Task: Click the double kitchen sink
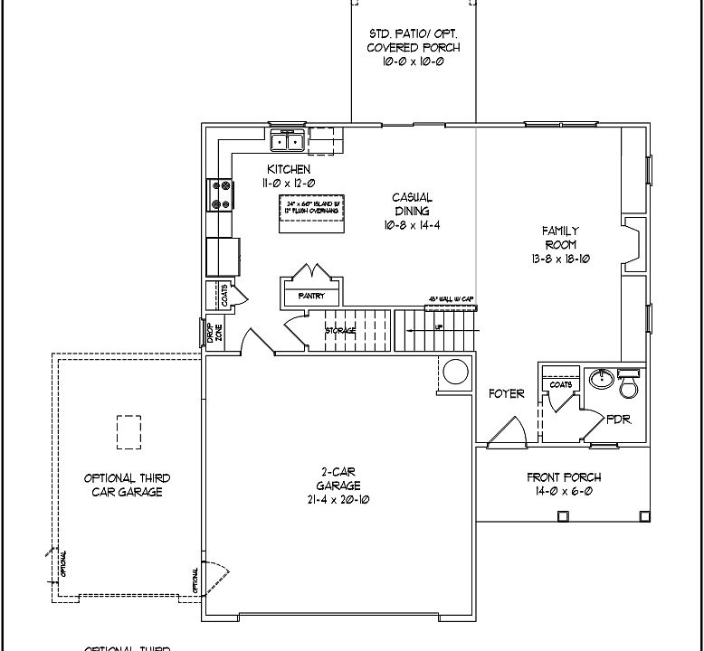pyautogui.click(x=289, y=141)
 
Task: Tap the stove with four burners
pyautogui.click(x=220, y=194)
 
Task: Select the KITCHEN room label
pyautogui.click(x=289, y=169)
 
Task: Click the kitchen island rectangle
pyautogui.click(x=312, y=212)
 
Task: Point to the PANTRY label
pyautogui.click(x=299, y=296)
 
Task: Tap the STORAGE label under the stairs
pyautogui.click(x=340, y=330)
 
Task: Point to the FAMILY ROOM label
pyautogui.click(x=560, y=238)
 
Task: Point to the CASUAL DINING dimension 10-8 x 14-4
pyautogui.click(x=412, y=225)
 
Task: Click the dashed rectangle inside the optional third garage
pyautogui.click(x=128, y=431)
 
